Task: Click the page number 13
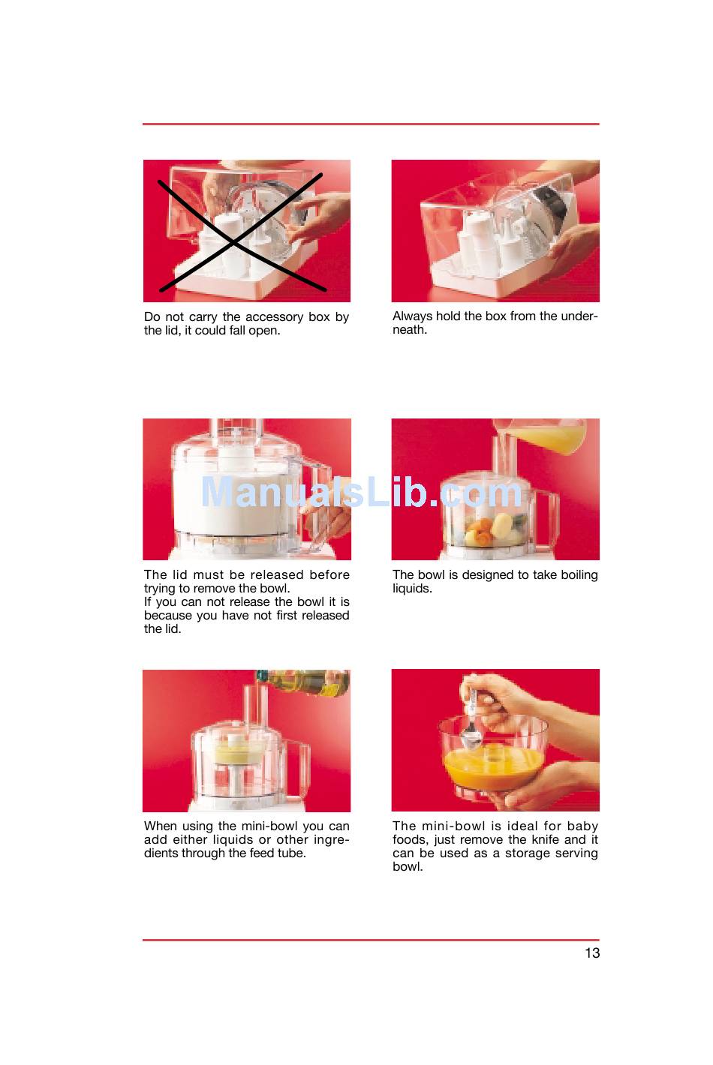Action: pos(591,952)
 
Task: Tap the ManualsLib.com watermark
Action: pos(362,492)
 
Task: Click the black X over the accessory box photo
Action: pos(241,232)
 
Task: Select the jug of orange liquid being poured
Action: pos(540,435)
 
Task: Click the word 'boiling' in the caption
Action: pos(579,575)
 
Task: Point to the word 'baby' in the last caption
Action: pos(582,826)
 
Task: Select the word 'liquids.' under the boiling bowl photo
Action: pos(412,589)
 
